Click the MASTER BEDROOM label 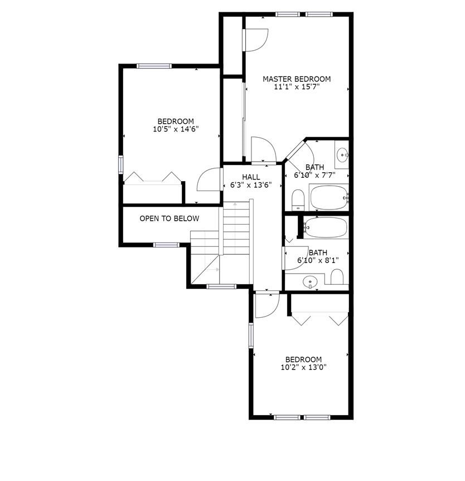(x=297, y=79)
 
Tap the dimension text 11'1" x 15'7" (x=297, y=87)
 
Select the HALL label (x=251, y=177)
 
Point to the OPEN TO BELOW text (x=169, y=218)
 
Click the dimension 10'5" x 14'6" (x=176, y=129)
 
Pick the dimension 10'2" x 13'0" (x=303, y=367)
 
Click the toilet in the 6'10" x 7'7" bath (x=298, y=200)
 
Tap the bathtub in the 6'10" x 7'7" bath (x=328, y=197)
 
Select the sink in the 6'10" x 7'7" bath (x=342, y=154)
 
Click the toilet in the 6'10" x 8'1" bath (x=337, y=276)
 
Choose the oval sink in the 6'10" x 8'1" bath (x=311, y=283)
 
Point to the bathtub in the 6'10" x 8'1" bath (x=326, y=227)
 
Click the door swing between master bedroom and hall (x=263, y=149)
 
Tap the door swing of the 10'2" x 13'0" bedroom (x=266, y=304)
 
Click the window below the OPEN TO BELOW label (x=166, y=245)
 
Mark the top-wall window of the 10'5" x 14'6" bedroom (x=154, y=66)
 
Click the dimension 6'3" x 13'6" (x=251, y=185)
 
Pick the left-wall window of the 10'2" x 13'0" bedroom (x=251, y=336)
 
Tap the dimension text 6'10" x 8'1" (x=318, y=260)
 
